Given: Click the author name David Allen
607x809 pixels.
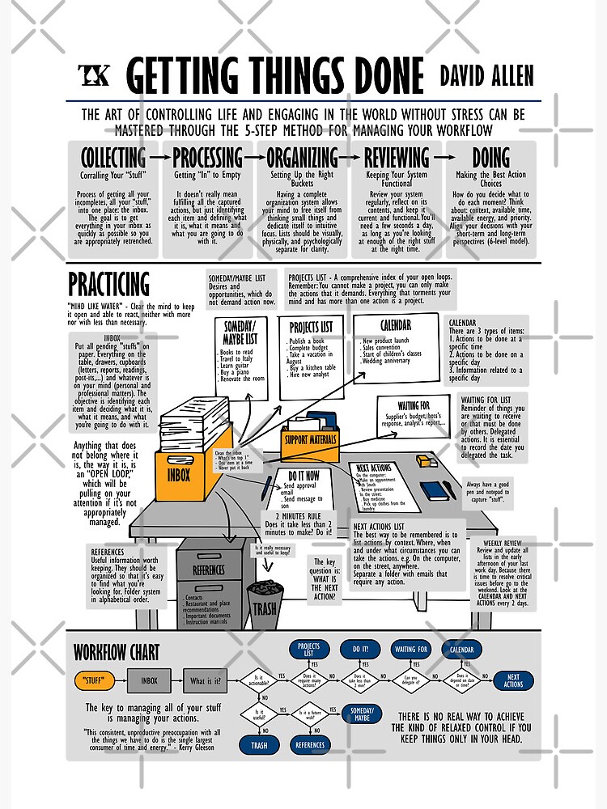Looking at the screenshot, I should (486, 76).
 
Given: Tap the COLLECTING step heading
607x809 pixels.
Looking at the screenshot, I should (112, 157).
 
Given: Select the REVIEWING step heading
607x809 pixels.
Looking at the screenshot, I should (397, 157).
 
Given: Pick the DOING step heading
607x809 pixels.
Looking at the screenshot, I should (490, 157).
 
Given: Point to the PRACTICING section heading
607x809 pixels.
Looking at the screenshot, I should (108, 285).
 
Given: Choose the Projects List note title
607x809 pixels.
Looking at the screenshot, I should (310, 327).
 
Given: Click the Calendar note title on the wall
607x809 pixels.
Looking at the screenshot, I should (395, 325).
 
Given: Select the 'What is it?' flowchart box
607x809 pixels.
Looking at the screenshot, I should (206, 680).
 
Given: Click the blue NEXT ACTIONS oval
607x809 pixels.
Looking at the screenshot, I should (513, 680).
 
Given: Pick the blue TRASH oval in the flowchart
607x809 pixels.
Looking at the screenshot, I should (259, 745).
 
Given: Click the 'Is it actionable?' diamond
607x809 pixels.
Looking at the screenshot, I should (259, 680).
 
